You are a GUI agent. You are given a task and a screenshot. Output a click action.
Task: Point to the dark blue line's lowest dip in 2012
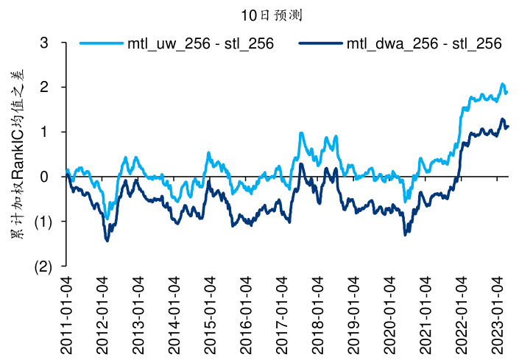tap(107, 241)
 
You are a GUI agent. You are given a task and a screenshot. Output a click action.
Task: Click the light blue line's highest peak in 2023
tap(503, 84)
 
